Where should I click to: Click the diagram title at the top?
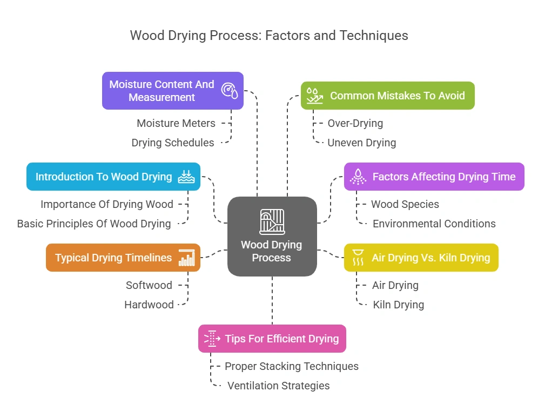(x=268, y=36)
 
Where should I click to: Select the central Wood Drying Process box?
(x=272, y=237)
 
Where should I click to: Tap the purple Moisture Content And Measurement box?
(x=172, y=91)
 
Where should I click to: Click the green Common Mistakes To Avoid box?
(x=387, y=96)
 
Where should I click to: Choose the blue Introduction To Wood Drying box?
(x=113, y=177)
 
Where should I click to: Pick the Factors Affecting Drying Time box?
(x=434, y=177)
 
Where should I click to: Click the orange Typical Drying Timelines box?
(x=123, y=258)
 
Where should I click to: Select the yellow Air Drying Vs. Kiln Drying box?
(x=421, y=258)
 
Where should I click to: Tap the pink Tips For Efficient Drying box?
(x=272, y=339)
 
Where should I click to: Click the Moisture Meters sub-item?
(x=176, y=123)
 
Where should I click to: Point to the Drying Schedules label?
(x=173, y=143)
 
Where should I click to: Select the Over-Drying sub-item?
(x=355, y=123)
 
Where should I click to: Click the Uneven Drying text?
(x=361, y=143)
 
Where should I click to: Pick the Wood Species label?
(x=405, y=204)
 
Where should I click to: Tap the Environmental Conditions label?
(x=434, y=224)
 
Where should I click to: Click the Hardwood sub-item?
(x=149, y=305)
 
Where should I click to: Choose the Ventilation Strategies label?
(x=278, y=386)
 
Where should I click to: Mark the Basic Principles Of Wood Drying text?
(x=94, y=224)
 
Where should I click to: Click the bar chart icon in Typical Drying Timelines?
(x=187, y=258)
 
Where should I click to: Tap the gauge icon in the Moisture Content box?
(x=229, y=91)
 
